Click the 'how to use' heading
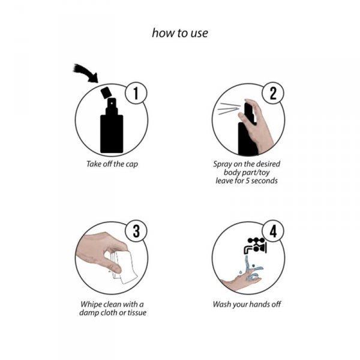[180, 33]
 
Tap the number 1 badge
[136, 94]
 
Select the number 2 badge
[273, 94]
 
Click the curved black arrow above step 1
[85, 72]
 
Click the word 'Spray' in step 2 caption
[223, 163]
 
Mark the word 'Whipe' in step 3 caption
[92, 304]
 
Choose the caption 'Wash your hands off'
[247, 304]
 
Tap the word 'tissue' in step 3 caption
[134, 312]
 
